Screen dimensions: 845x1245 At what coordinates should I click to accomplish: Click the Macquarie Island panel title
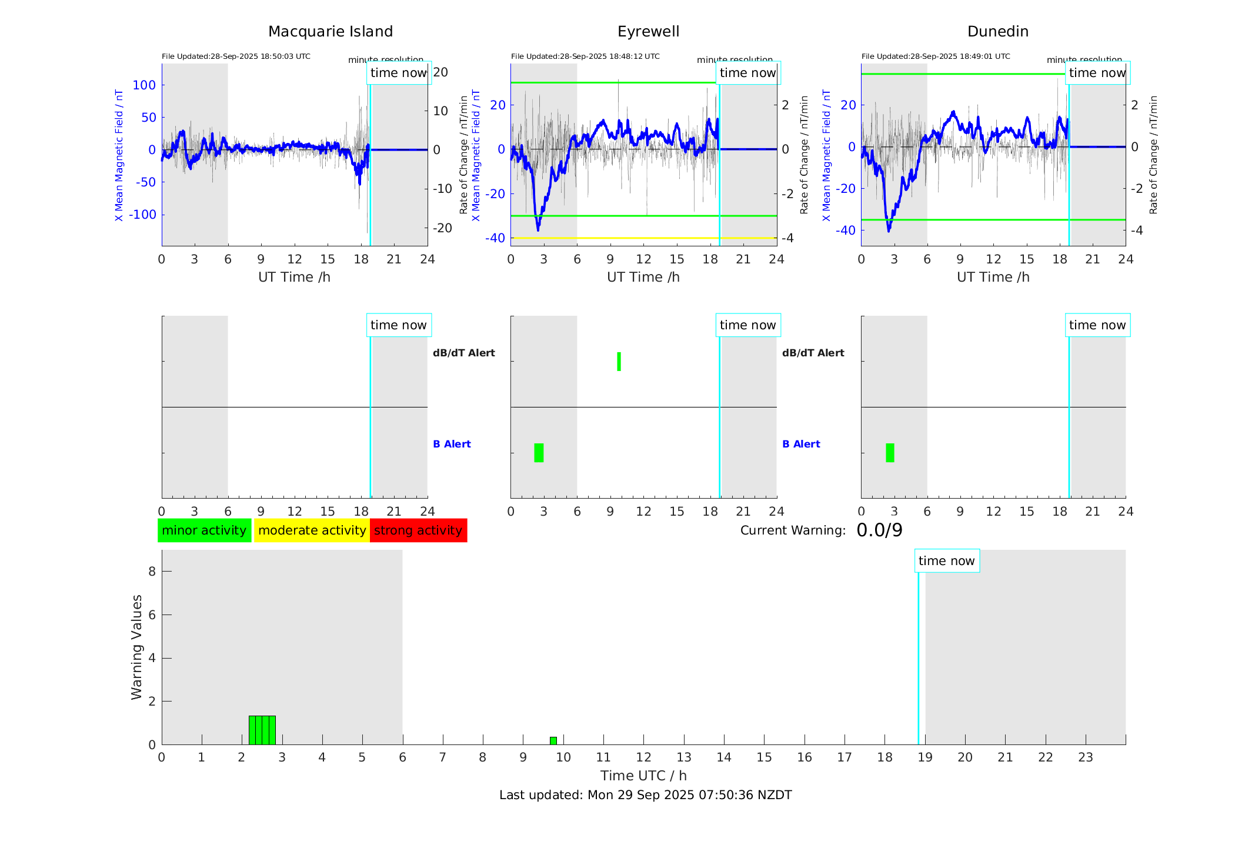click(331, 32)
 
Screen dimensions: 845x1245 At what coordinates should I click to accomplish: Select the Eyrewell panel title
click(648, 32)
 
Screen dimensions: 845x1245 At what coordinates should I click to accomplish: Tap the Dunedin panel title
click(997, 32)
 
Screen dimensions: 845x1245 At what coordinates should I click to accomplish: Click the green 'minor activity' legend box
click(204, 530)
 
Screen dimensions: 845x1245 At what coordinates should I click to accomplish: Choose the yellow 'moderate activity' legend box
click(312, 530)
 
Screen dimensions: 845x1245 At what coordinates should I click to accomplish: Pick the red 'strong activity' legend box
click(418, 530)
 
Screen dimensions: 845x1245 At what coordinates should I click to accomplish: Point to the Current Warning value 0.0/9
click(879, 530)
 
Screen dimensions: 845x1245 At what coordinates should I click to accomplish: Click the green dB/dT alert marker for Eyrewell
click(619, 362)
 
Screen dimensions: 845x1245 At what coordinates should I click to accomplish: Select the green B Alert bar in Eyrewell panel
click(539, 453)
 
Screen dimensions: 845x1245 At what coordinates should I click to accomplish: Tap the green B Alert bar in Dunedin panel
click(890, 453)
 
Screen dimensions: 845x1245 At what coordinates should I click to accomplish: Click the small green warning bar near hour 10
click(553, 740)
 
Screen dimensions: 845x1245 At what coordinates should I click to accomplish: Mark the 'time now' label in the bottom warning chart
click(946, 561)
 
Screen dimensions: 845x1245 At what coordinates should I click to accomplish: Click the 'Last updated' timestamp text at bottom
click(645, 795)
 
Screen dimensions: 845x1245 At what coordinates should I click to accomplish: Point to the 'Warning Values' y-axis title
click(137, 647)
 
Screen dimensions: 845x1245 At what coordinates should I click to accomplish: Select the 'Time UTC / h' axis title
click(643, 776)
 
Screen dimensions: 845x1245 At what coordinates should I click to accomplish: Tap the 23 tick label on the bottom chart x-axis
click(1085, 757)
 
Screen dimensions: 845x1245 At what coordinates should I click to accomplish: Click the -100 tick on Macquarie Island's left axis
click(143, 215)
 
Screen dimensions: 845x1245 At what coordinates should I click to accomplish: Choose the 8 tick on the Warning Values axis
click(152, 572)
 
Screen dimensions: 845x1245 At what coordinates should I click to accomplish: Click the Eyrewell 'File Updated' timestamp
click(585, 56)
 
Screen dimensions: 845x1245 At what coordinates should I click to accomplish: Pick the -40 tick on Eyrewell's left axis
click(495, 238)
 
